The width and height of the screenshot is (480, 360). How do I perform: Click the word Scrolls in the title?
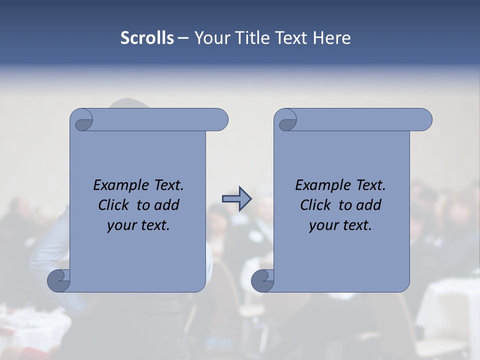[x=147, y=38]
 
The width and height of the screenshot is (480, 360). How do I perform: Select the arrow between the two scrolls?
[x=236, y=199]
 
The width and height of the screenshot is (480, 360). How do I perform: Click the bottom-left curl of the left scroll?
[x=58, y=280]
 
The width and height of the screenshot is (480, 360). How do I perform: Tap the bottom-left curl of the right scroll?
[x=262, y=280]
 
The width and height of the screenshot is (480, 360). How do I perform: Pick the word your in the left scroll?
[x=120, y=226]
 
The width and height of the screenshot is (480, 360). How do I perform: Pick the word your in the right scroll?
[x=322, y=226]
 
